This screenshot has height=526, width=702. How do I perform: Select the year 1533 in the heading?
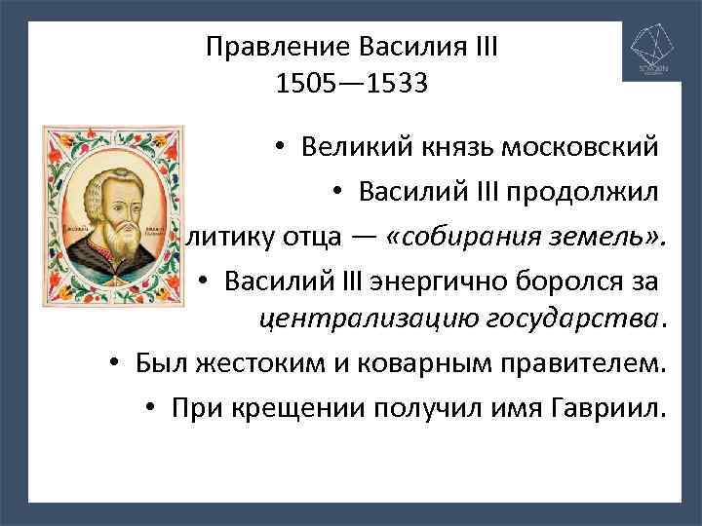pyautogui.click(x=394, y=84)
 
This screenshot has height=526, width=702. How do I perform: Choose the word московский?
pyautogui.click(x=579, y=148)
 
